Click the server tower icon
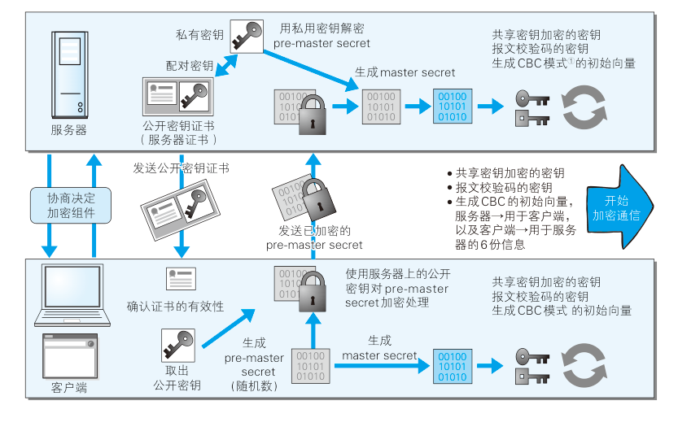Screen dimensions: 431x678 tap(68, 75)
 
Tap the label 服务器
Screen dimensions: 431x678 tap(68, 130)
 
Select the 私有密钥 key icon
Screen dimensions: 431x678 tap(246, 34)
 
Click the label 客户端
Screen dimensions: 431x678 tap(69, 388)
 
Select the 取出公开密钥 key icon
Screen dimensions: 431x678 tap(177, 346)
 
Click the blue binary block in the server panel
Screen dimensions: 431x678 tap(451, 106)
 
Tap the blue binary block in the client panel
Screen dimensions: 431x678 tap(451, 365)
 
